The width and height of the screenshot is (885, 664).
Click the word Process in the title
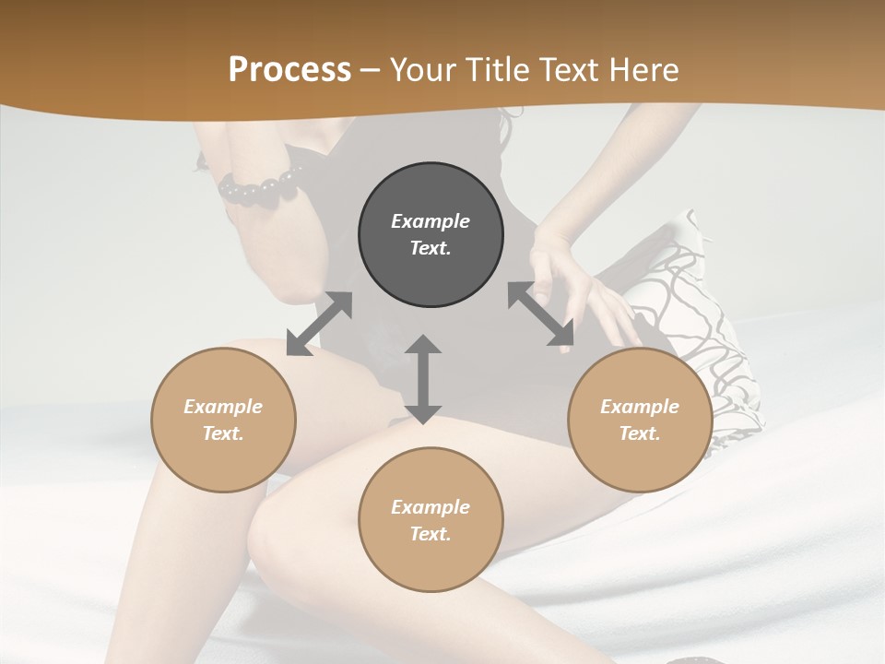289,70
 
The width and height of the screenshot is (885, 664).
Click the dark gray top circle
431,234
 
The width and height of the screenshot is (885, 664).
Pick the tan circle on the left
223,420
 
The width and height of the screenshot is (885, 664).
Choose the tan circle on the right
640,420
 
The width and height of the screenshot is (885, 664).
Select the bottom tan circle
431,519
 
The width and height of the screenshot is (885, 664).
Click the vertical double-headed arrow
423,379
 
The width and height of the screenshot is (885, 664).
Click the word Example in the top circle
431,221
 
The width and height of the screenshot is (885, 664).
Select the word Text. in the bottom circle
431,534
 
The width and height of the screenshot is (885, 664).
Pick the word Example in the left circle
223,407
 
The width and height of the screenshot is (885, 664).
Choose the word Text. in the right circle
640,433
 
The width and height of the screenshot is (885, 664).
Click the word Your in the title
424,70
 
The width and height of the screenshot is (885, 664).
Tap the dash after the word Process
371,70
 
